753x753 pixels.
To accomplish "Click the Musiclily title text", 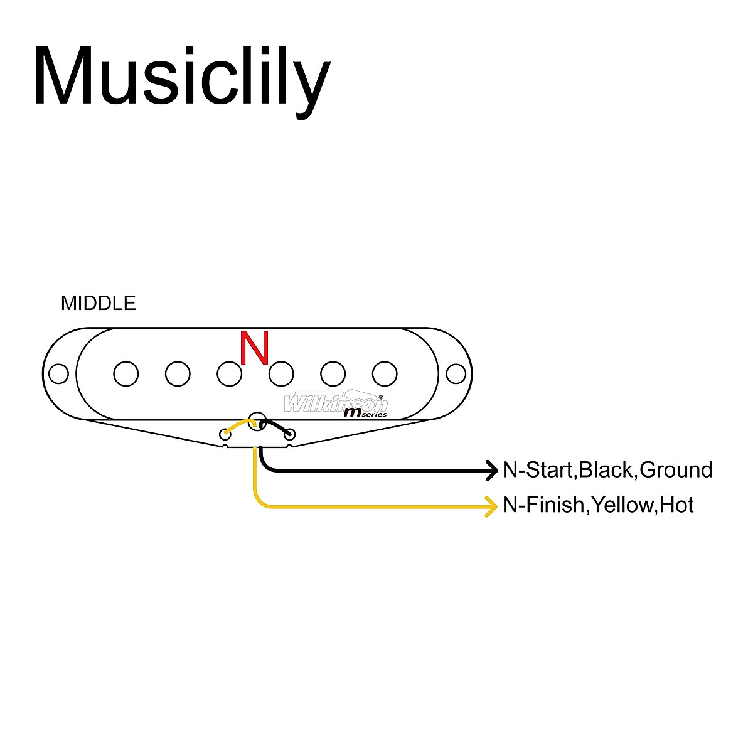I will tap(181, 77).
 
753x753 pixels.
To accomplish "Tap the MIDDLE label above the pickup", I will tap(98, 304).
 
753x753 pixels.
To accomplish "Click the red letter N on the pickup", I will tap(255, 348).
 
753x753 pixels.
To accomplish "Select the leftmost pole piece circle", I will tap(126, 374).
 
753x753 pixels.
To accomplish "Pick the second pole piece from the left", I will tap(178, 374).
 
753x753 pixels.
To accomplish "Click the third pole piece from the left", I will tap(230, 374).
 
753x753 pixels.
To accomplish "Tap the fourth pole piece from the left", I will tap(281, 374).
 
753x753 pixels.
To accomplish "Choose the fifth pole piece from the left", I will tap(333, 374).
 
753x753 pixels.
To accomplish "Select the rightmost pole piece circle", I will tap(385, 374).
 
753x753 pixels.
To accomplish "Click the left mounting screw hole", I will tap(59, 374).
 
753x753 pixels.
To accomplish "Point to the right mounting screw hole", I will tap(456, 374).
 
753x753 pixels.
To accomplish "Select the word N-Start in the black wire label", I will tap(538, 470).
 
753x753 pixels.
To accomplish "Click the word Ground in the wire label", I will tap(676, 470).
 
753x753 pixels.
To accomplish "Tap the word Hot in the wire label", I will tap(677, 505).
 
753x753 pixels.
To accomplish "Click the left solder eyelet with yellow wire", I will tap(225, 434).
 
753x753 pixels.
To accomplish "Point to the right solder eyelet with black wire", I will tap(289, 434).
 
